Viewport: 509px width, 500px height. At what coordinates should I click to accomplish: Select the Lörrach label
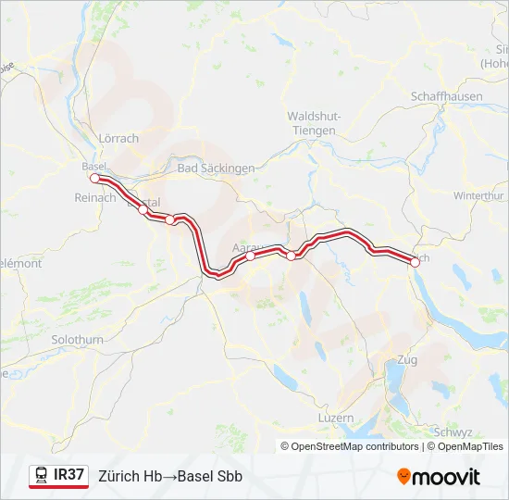(118, 139)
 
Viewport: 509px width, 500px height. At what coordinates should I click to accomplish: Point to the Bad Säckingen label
(216, 169)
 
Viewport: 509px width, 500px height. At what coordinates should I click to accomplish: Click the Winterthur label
(478, 196)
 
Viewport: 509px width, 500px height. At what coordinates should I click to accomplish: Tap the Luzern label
(335, 418)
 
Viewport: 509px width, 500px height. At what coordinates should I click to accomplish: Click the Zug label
(406, 359)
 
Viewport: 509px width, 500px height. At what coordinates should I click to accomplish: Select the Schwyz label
(453, 432)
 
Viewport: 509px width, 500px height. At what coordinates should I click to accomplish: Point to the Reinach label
(94, 197)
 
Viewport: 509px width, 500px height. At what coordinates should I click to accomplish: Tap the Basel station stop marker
(94, 178)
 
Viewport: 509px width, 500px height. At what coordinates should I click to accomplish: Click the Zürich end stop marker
(415, 262)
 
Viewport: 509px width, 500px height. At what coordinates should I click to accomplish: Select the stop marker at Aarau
(251, 256)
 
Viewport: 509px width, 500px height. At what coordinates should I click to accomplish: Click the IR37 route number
(69, 475)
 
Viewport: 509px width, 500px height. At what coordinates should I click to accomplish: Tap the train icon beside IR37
(42, 475)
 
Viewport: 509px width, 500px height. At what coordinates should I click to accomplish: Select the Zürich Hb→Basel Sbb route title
(170, 476)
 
